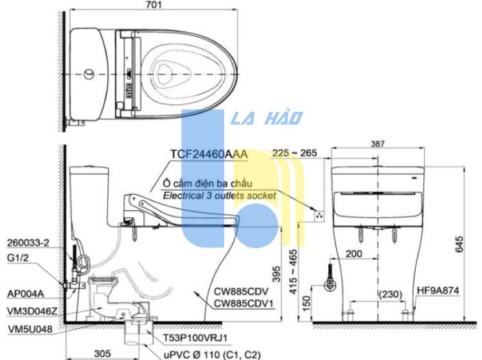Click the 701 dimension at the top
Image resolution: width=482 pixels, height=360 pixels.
pyautogui.click(x=154, y=4)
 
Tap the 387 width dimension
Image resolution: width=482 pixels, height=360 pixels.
pyautogui.click(x=377, y=144)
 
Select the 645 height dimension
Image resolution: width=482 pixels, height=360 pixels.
pyautogui.click(x=459, y=244)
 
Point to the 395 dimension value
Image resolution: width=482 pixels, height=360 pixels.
pyautogui.click(x=276, y=274)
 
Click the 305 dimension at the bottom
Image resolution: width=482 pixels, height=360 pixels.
pyautogui.click(x=102, y=353)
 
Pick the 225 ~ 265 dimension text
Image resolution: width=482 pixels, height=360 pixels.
pyautogui.click(x=294, y=153)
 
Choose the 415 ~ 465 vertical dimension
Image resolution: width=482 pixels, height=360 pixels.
pyautogui.click(x=293, y=272)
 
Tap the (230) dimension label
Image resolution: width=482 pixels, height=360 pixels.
pyautogui.click(x=390, y=294)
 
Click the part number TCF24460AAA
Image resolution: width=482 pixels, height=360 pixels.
pyautogui.click(x=209, y=154)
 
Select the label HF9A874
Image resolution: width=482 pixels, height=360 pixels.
pyautogui.click(x=438, y=291)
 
